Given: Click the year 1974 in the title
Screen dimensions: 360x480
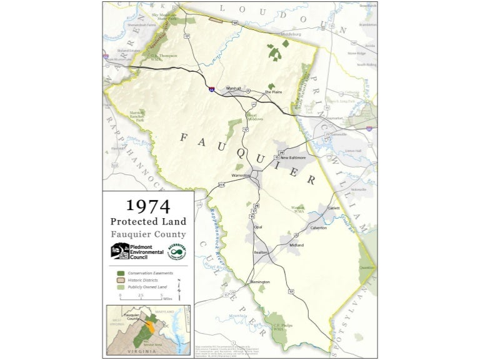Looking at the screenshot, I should [x=148, y=205].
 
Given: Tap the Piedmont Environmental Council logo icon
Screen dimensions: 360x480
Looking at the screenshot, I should [x=119, y=251].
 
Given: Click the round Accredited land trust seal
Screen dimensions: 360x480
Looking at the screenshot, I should [x=177, y=251].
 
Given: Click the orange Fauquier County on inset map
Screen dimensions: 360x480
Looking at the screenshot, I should [x=150, y=326].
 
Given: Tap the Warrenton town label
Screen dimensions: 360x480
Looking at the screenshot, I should [x=241, y=176].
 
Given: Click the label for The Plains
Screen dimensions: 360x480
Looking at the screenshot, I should [x=273, y=92].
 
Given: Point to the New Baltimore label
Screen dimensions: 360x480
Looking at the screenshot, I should [x=293, y=157].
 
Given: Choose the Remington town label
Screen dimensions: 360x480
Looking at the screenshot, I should [x=259, y=282].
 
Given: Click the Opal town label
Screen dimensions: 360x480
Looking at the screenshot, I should [x=257, y=227].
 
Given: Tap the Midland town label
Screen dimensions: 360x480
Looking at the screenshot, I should [x=296, y=245].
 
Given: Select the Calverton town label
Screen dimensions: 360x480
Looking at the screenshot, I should [x=319, y=228].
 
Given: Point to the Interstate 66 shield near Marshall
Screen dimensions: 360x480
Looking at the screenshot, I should [x=213, y=91].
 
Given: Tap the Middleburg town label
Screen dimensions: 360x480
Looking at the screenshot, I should [x=274, y=35].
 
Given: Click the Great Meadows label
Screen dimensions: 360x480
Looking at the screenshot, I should [x=254, y=117].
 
